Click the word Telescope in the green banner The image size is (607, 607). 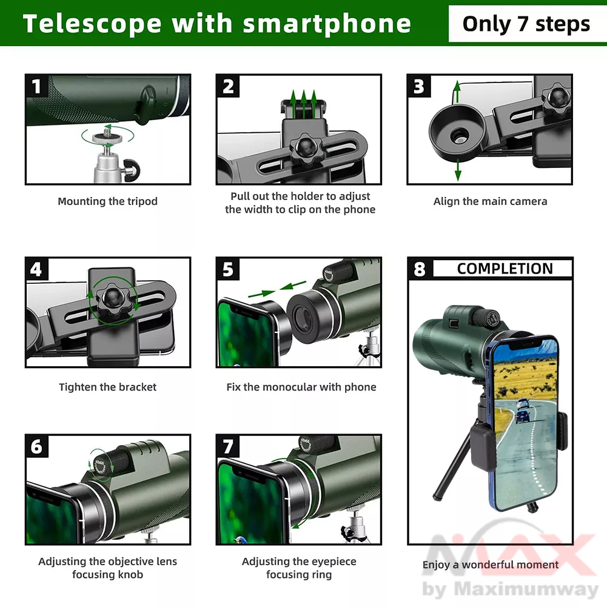[92, 24]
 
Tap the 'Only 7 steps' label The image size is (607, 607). [526, 24]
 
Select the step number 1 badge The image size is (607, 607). [36, 86]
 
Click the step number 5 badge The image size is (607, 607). [227, 269]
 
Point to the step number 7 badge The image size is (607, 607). [227, 446]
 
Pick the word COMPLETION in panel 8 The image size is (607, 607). [505, 269]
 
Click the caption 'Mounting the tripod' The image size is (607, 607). [107, 201]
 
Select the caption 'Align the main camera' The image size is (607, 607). [490, 201]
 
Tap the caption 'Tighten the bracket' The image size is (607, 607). [107, 387]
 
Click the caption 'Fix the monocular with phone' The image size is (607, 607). [301, 387]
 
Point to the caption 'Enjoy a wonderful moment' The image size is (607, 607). [491, 565]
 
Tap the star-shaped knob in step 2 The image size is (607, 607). [306, 147]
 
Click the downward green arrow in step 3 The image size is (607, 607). [458, 170]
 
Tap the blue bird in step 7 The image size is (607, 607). [240, 540]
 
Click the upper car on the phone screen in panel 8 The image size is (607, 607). [523, 403]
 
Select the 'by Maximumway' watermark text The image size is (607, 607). [511, 589]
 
